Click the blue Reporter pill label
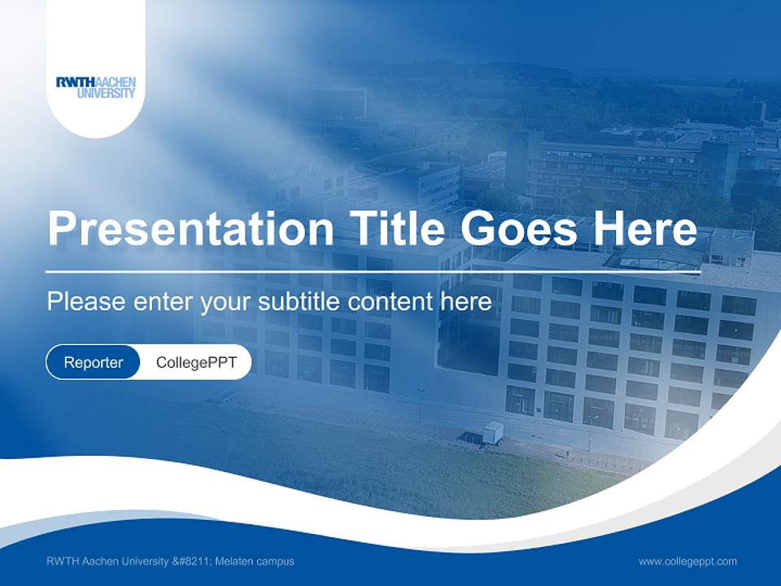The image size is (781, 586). [x=94, y=362]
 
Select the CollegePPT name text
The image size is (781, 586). [x=196, y=362]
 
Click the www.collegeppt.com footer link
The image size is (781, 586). [x=687, y=562]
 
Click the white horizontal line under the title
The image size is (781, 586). [x=373, y=272]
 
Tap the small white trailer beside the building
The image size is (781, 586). [x=492, y=433]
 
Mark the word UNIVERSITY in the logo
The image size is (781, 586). [x=107, y=94]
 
